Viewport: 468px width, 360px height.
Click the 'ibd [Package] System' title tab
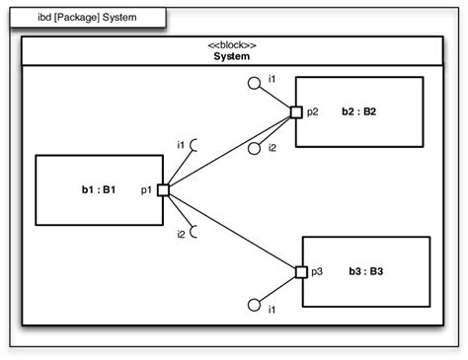point(87,18)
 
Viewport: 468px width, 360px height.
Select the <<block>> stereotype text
point(232,45)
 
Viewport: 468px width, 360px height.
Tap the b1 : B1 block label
point(99,188)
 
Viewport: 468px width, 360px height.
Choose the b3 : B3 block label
point(366,271)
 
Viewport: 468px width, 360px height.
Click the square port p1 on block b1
point(163,189)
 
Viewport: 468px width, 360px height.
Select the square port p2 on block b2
point(295,112)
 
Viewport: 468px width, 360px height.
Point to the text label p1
point(145,188)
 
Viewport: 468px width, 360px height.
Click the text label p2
point(313,112)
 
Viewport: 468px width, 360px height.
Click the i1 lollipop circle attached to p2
point(255,86)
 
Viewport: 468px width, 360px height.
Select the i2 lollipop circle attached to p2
point(255,149)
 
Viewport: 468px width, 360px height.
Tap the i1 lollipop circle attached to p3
point(254,304)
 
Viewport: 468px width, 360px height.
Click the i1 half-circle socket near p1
point(195,146)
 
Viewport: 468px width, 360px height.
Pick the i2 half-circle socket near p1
point(195,233)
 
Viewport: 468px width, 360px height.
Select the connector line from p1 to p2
point(229,151)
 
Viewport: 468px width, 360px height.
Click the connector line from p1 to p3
point(232,231)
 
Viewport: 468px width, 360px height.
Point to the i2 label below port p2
point(272,148)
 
